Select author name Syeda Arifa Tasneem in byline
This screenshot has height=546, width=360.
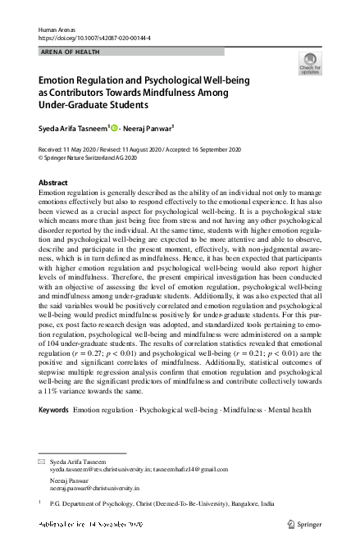[x=72, y=127]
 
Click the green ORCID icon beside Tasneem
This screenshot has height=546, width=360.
[x=114, y=127]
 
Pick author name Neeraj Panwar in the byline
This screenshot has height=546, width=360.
[x=150, y=127]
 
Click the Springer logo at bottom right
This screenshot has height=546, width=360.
[x=300, y=522]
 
